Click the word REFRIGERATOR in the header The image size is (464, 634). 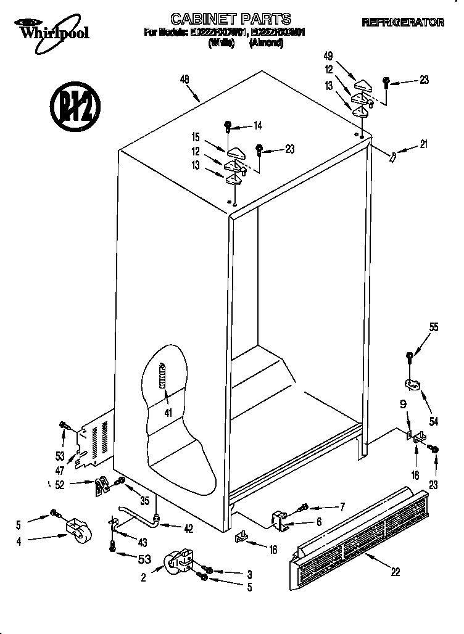tap(403, 22)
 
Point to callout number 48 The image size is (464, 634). tap(184, 79)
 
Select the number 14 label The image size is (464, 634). tap(257, 126)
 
